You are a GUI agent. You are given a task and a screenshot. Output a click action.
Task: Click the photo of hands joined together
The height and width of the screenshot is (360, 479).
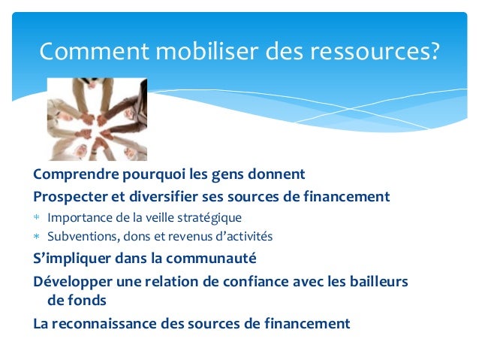point(97,119)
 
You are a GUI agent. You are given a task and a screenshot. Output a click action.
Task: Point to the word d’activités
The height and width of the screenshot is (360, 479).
point(242,237)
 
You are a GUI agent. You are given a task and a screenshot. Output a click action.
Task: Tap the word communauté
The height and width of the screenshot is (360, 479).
point(212,259)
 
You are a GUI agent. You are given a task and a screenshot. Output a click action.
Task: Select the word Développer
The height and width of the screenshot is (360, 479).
point(70,281)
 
